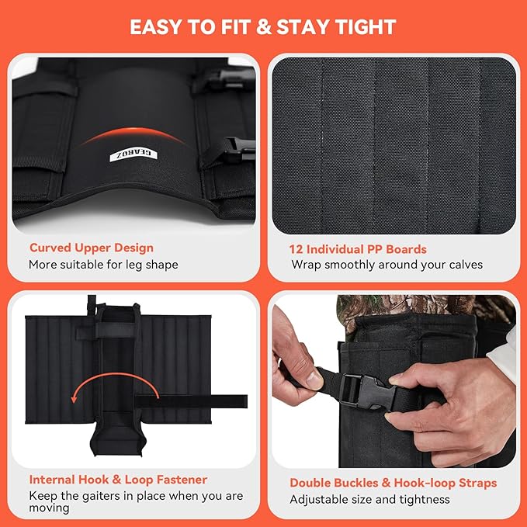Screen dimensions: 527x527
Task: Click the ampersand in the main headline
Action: tap(264, 27)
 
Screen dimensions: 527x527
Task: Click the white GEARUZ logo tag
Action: tap(133, 154)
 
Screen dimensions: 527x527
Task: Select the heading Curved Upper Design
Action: tap(92, 248)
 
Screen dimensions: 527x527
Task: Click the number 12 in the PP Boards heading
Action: tap(296, 249)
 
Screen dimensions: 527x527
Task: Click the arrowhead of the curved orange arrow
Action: tap(74, 399)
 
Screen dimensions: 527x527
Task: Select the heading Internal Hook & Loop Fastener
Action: tap(118, 480)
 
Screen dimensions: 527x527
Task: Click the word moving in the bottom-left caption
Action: tap(49, 508)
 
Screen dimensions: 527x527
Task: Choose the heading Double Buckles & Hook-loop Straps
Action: tap(394, 483)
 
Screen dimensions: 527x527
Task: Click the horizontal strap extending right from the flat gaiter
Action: tap(191, 401)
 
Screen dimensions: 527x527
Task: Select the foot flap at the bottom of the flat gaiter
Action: tap(118, 435)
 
